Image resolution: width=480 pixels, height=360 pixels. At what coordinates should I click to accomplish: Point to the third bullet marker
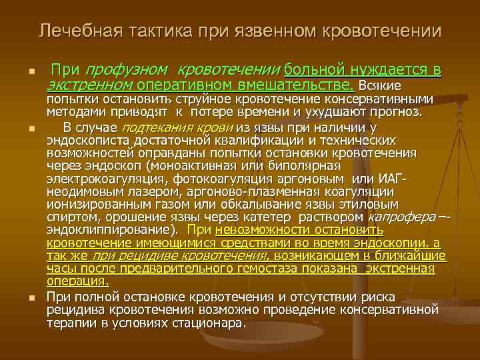coord(23,297)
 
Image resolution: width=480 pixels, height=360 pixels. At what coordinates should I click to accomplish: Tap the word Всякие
coord(379,86)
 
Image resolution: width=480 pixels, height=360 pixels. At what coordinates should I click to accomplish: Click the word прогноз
coord(397,111)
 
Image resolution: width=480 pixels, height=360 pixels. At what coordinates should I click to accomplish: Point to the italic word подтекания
coord(151,127)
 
